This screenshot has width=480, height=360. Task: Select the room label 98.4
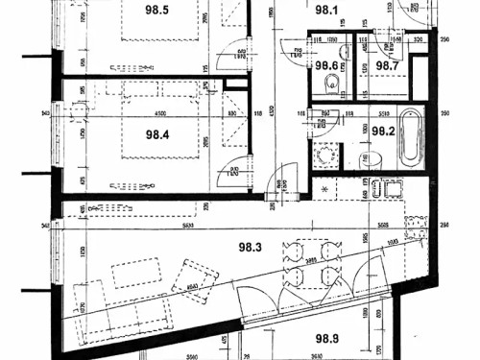tap(157, 134)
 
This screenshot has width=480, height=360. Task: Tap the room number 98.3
tap(251, 248)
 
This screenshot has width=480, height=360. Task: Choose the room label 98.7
tap(387, 65)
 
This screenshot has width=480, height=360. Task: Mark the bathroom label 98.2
tap(385, 132)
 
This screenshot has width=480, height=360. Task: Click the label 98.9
tap(329, 338)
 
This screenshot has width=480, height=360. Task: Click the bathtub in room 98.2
tap(410, 137)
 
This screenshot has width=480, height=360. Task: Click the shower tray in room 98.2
tap(325, 156)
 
